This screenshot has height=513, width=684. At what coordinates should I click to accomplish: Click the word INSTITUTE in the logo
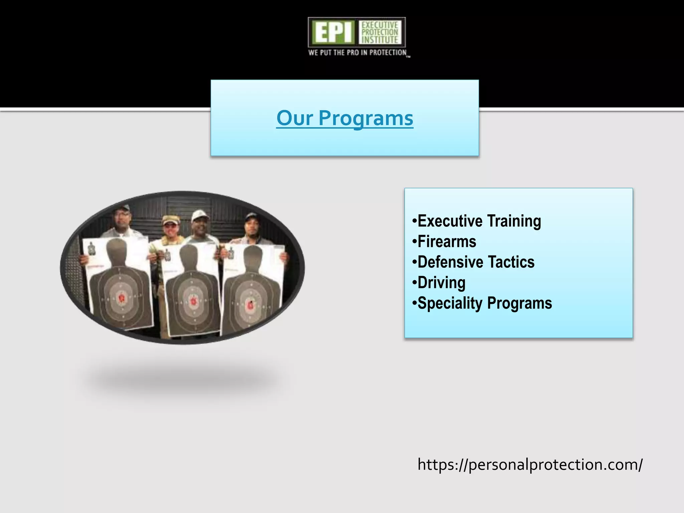[x=380, y=40]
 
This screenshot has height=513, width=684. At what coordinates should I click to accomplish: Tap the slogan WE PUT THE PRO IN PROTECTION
[x=357, y=53]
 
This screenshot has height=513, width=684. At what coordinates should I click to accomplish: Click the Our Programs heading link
[x=345, y=118]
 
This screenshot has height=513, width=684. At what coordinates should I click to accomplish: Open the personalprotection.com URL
[x=530, y=465]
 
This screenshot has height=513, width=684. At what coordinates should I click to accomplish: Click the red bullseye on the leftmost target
[x=122, y=297]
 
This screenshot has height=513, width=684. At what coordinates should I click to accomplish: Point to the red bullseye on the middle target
[x=193, y=301]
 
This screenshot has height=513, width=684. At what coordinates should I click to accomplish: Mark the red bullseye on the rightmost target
[x=251, y=304]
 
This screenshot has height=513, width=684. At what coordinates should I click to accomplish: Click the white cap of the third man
[x=200, y=214]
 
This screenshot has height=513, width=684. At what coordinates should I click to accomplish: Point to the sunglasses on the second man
[x=170, y=225]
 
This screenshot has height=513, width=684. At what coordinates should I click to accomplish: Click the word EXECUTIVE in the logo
[x=380, y=25]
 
